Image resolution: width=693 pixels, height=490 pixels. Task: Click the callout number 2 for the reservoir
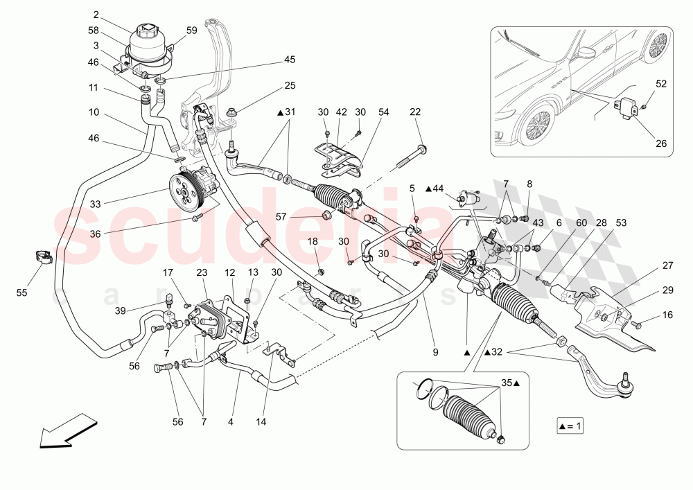tap(96, 14)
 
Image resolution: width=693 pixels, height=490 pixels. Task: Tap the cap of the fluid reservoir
tap(146, 32)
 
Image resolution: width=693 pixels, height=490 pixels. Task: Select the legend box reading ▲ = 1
tap(569, 426)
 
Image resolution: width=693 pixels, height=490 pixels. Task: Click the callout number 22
tap(415, 112)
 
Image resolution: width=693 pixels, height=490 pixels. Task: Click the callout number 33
tap(96, 204)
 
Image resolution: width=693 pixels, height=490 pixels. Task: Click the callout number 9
tap(435, 352)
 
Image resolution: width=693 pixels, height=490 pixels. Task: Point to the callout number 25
tap(289, 85)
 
